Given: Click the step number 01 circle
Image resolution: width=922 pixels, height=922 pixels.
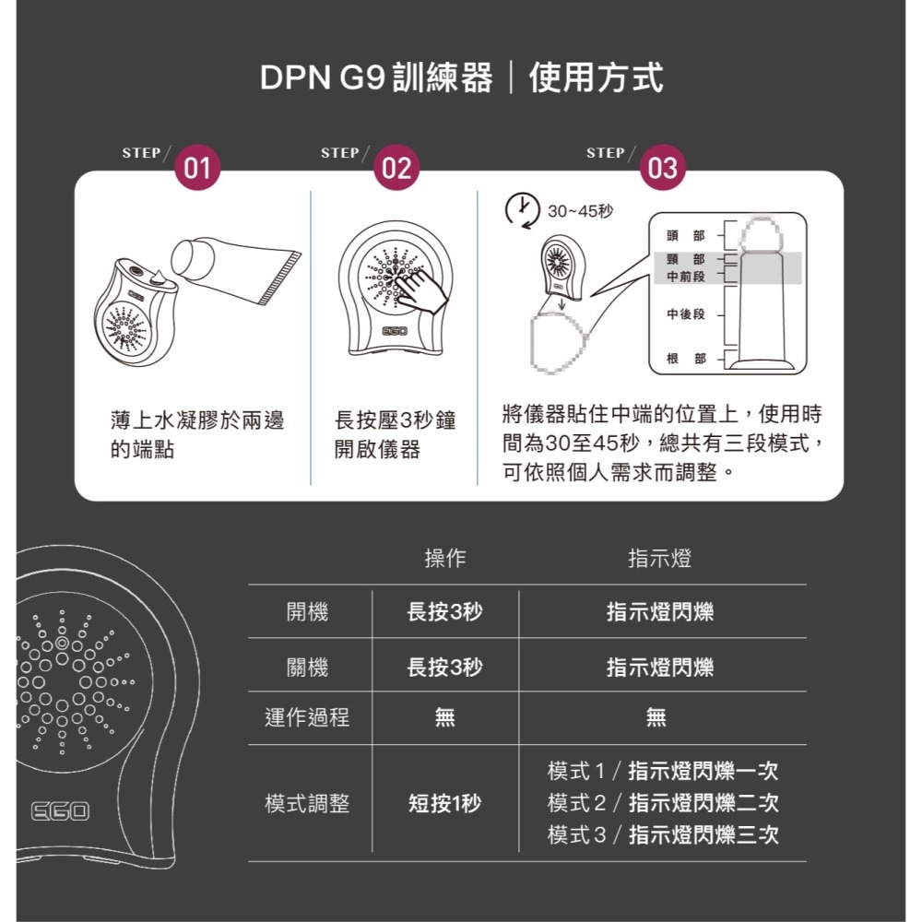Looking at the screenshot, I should tap(196, 168).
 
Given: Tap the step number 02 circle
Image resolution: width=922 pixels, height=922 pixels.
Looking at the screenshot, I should tap(396, 168).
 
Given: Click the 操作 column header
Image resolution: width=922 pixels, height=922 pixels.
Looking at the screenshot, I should tap(444, 559).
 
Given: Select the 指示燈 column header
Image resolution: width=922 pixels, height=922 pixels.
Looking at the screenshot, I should tap(659, 559).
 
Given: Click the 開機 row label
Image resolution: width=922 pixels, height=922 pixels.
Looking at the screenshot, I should tap(307, 611).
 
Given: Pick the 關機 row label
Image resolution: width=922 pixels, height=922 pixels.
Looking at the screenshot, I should tap(307, 666).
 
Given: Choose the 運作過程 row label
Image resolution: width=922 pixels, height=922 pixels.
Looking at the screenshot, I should tap(307, 717).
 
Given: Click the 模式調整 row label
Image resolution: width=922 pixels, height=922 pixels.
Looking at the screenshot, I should tap(307, 803).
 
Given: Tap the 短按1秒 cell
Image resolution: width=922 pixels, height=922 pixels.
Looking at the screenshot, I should tap(444, 803).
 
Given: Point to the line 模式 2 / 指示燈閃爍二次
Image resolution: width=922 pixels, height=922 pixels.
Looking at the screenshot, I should tap(662, 803).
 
